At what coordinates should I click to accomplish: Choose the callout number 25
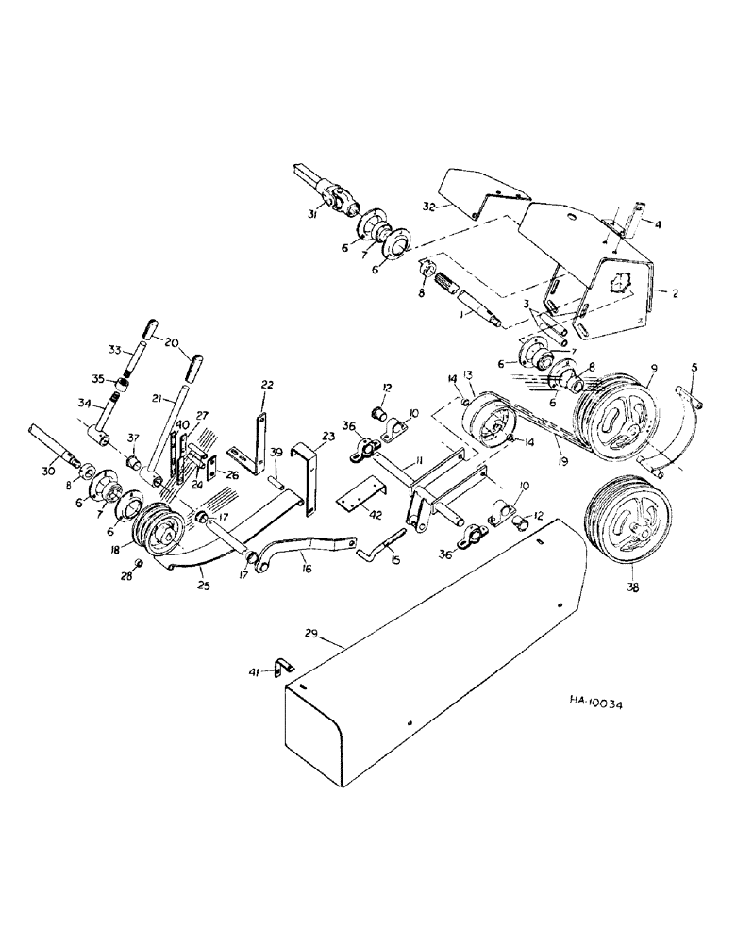tap(202, 586)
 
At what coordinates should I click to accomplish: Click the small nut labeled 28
tap(139, 564)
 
